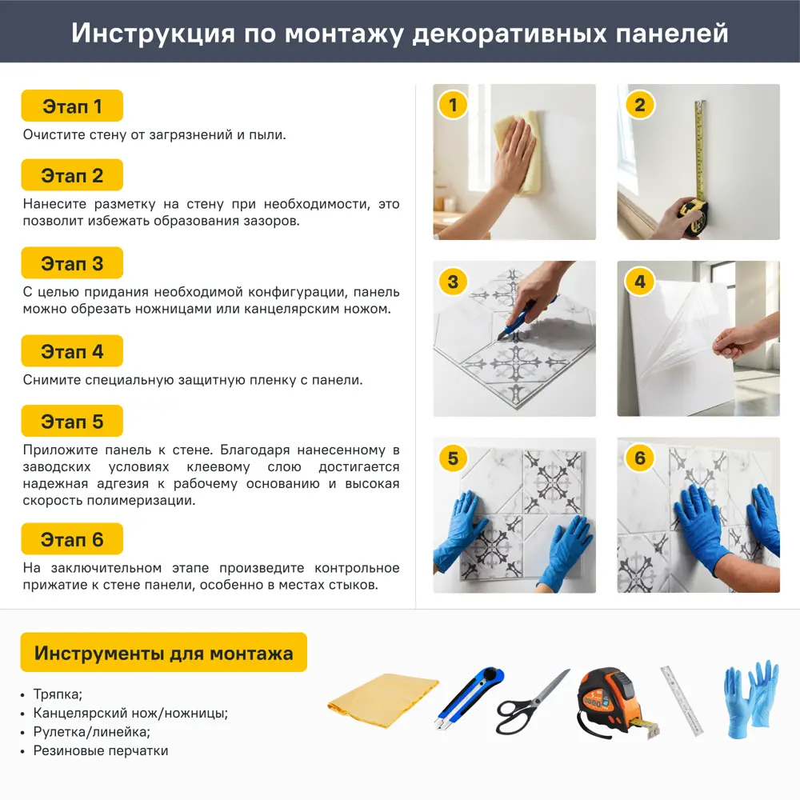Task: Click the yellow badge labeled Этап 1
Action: click(x=72, y=106)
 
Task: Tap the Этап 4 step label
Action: click(x=72, y=351)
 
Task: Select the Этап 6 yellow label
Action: click(x=72, y=540)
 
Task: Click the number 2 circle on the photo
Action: click(x=640, y=106)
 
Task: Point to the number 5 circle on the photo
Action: click(x=454, y=458)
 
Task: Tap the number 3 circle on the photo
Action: click(x=454, y=282)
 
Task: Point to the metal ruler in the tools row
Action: click(x=682, y=700)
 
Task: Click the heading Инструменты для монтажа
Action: click(x=163, y=654)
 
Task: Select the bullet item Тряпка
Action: click(x=58, y=694)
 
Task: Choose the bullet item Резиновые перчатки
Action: click(x=101, y=750)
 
